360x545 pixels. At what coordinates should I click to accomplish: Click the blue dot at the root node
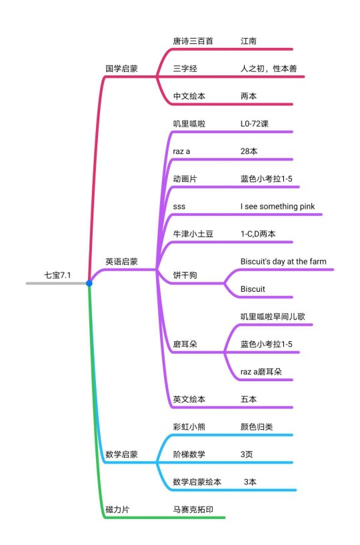89,283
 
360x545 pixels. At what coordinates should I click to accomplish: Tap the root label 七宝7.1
57,275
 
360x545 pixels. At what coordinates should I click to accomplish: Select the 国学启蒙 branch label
121,69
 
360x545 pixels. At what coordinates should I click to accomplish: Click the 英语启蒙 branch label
121,261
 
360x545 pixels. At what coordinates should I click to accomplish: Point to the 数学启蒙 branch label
121,454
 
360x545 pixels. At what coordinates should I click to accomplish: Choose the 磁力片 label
117,510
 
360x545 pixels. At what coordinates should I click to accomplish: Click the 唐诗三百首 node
193,41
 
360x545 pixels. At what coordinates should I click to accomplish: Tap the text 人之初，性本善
269,69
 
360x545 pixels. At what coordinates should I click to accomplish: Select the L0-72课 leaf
254,124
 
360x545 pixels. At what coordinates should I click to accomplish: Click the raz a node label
181,151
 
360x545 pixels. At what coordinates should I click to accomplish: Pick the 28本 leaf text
249,151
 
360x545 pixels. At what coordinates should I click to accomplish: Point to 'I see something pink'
277,207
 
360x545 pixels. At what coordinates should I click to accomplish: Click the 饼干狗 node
185,275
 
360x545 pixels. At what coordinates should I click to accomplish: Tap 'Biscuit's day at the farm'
283,261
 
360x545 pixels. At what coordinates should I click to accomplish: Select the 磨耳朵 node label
185,344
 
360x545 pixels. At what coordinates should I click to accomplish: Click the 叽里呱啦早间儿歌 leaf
273,316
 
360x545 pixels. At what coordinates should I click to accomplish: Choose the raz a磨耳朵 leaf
261,372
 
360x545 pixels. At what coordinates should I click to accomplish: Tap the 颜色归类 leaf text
257,427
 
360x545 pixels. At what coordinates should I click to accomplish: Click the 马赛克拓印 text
193,510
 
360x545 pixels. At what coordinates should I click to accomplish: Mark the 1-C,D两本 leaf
258,234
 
